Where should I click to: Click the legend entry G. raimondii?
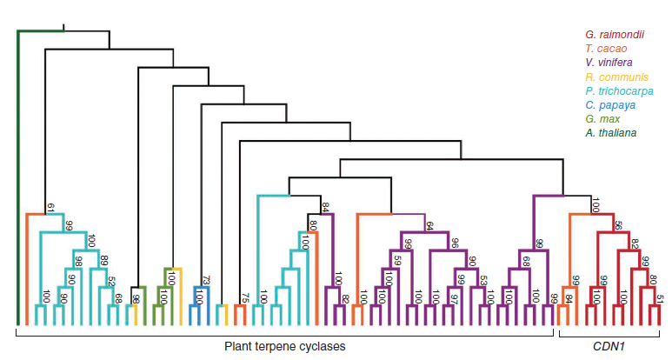(614, 34)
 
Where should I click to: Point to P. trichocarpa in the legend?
(619, 90)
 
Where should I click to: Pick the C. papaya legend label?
(609, 104)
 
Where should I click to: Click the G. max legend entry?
(601, 118)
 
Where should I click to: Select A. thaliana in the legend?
(610, 132)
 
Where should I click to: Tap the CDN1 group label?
(608, 346)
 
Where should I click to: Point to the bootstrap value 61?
(50, 207)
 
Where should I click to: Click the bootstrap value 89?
(103, 260)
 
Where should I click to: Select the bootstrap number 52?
(111, 282)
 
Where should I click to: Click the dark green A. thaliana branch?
(18, 174)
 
